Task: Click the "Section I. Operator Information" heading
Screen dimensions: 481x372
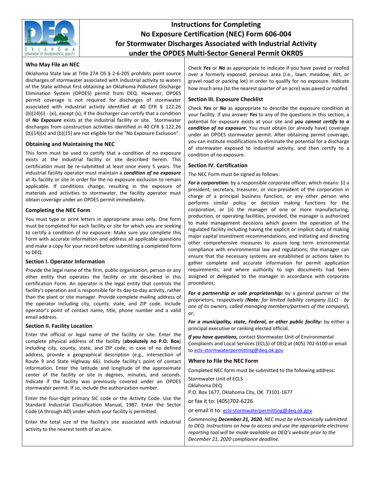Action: click(x=65, y=261)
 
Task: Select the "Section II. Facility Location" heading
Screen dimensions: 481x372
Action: click(x=59, y=326)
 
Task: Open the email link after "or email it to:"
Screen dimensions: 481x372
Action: click(x=267, y=411)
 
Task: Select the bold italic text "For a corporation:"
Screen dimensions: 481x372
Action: click(x=209, y=183)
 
